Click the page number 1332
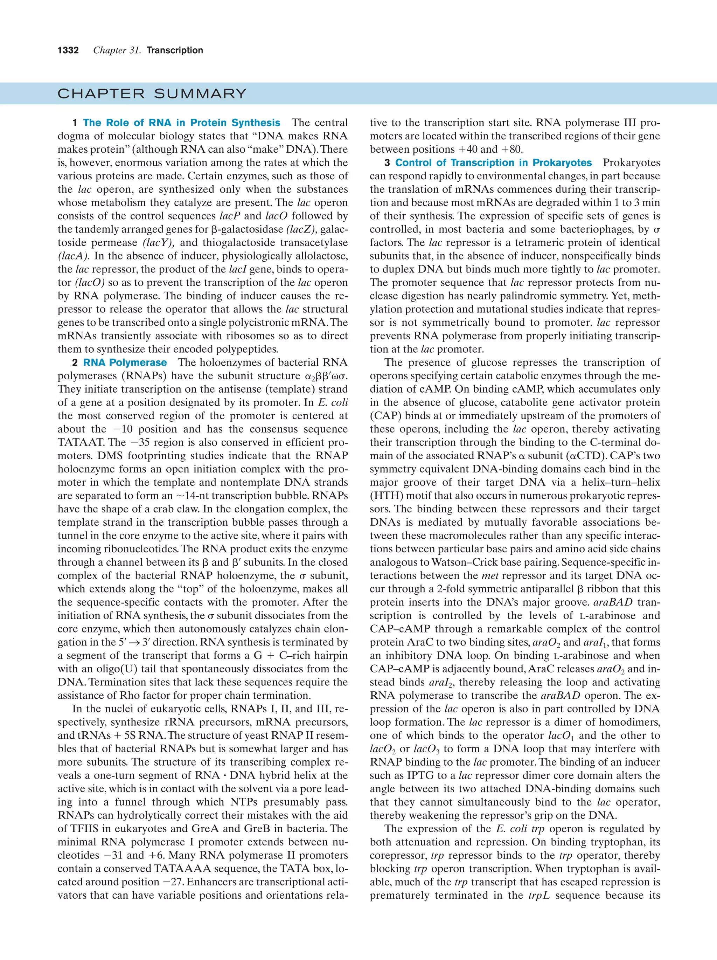pos(68,50)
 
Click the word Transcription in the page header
pos(175,50)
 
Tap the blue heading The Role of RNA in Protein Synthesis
pos(181,123)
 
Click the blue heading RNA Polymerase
pos(125,363)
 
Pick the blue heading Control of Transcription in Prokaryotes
pos(493,163)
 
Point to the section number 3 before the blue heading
pos(387,163)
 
